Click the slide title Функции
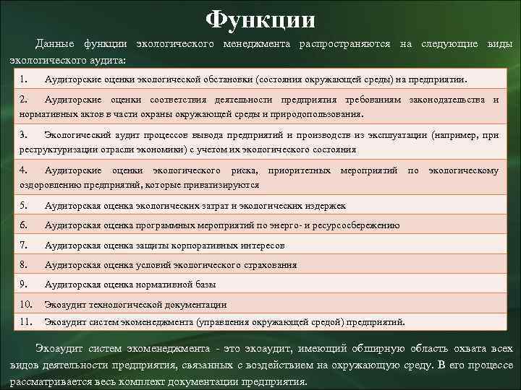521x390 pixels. (260, 18)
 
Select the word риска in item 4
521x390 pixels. (244, 170)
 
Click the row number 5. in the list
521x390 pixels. (25, 206)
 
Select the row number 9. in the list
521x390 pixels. (25, 285)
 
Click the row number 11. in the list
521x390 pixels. (27, 321)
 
